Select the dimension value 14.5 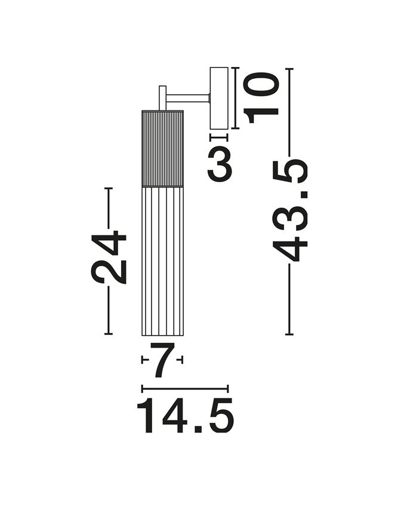tap(185, 416)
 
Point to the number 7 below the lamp tap(162, 360)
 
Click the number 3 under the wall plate tap(220, 164)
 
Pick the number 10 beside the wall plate tap(261, 99)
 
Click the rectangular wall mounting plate tap(219, 98)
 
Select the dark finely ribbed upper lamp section tap(162, 148)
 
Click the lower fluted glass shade tap(162, 260)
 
